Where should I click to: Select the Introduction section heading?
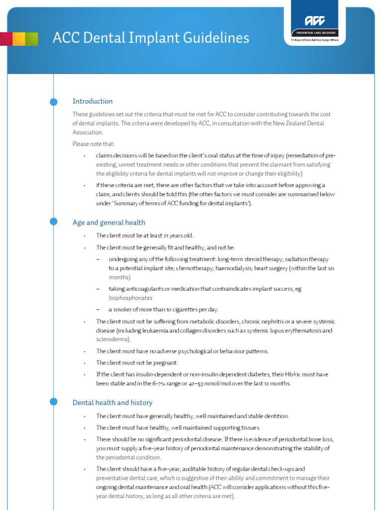[93, 101]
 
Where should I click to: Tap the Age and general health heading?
[109, 223]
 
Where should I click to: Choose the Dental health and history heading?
[112, 402]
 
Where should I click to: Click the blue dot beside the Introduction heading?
[54, 102]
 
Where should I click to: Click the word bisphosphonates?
[130, 298]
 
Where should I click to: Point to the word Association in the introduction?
[87, 132]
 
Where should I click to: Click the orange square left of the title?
[18, 39]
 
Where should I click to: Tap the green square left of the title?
[31, 39]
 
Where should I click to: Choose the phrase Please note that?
[94, 144]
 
